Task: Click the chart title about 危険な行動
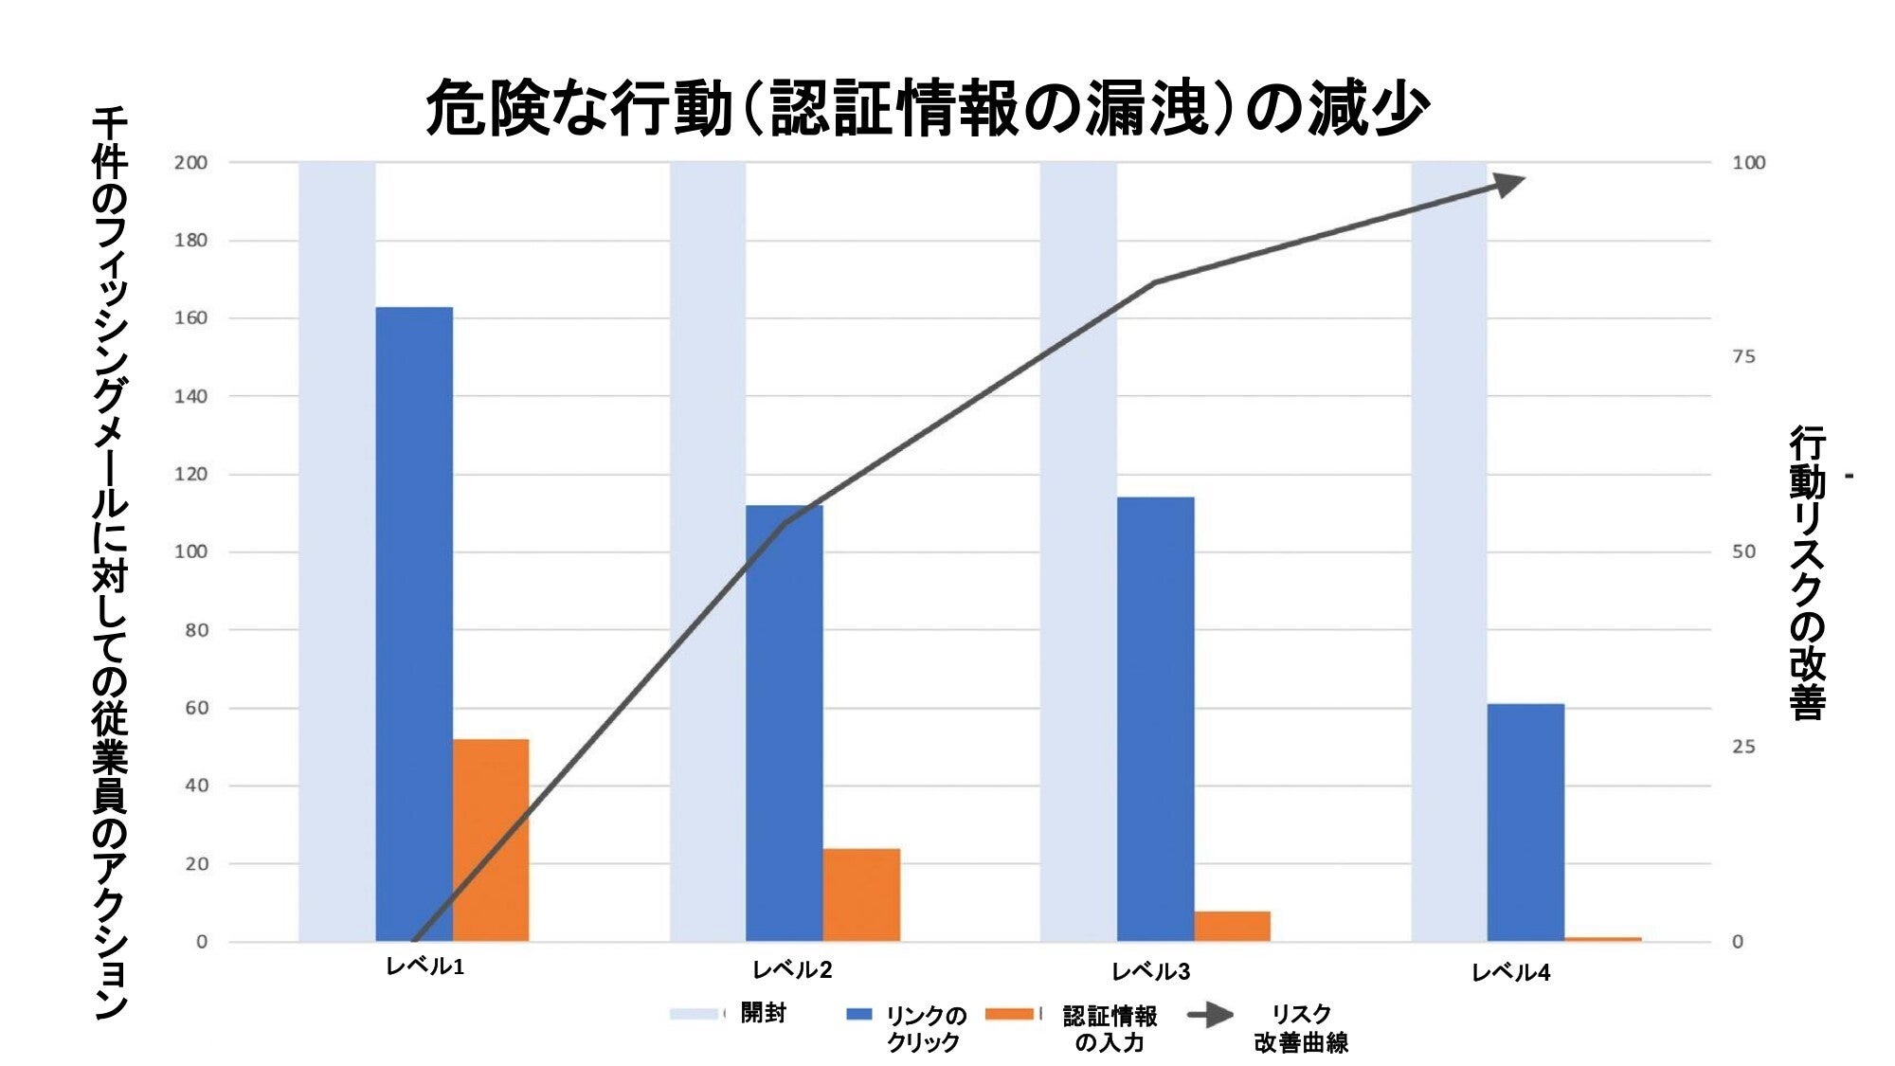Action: [927, 107]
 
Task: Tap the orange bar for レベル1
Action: [491, 840]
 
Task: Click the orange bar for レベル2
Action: [861, 894]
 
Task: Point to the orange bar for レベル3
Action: [1232, 926]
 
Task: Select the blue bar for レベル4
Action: [1525, 822]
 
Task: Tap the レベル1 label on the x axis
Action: [424, 967]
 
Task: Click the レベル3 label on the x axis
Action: [1150, 971]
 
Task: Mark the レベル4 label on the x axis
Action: [1510, 972]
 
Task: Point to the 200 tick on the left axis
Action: [190, 162]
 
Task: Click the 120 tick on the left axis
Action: [190, 474]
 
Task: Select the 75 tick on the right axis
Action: [1743, 356]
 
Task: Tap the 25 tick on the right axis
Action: [1743, 747]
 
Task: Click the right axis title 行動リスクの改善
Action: [1807, 573]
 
